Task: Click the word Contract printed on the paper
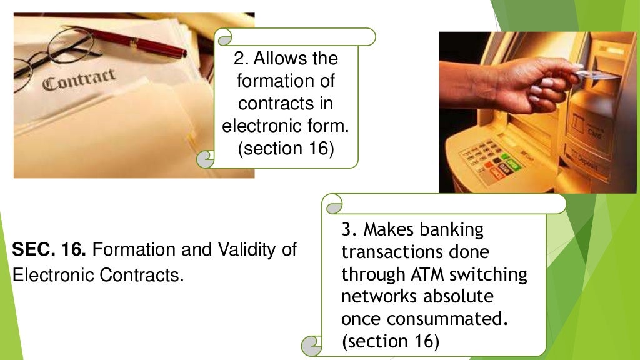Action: pos(79,79)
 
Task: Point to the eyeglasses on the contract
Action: pos(53,56)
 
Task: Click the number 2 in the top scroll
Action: pos(241,58)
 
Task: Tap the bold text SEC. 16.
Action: pos(49,249)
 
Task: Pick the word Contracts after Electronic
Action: pos(141,275)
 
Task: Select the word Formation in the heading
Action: pos(133,249)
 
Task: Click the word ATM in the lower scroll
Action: pos(427,274)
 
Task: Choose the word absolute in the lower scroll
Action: pos(458,296)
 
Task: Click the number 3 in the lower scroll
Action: pos(348,230)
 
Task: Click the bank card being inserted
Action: pos(596,75)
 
